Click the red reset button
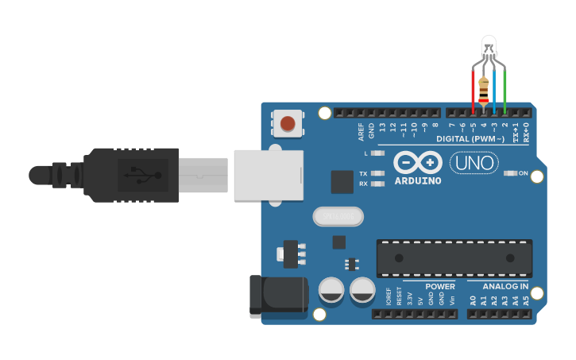click(288, 123)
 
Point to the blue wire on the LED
click(494, 91)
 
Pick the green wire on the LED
click(504, 91)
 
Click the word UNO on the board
click(474, 163)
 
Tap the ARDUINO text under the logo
click(417, 180)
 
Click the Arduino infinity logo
click(417, 162)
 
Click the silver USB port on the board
click(269, 175)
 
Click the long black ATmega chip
click(454, 257)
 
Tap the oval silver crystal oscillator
click(338, 216)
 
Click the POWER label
click(440, 286)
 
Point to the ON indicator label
click(524, 172)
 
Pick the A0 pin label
click(473, 300)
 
